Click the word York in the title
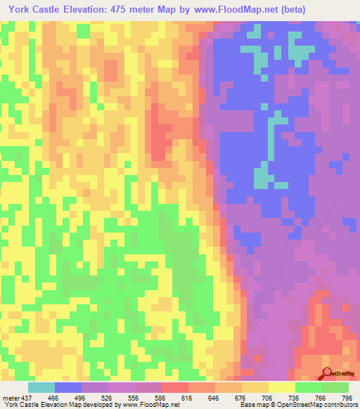20,10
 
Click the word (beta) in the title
331,10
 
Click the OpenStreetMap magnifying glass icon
327,373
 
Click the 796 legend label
345,397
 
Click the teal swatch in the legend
41,387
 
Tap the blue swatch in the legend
68,387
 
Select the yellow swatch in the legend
282,387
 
